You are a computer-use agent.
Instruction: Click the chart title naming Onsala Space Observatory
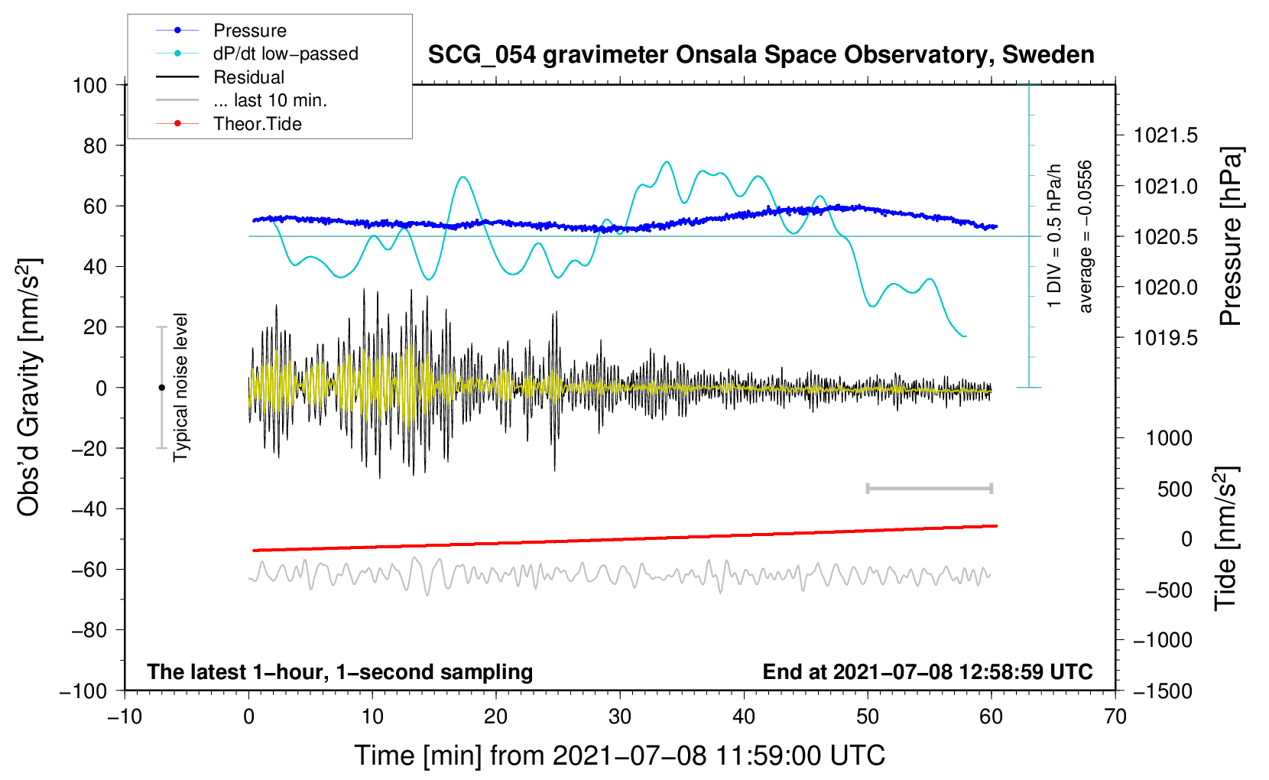point(761,55)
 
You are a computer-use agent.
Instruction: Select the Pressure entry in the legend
point(249,31)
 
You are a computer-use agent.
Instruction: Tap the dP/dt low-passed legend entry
point(285,54)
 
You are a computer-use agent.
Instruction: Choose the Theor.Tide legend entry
point(257,124)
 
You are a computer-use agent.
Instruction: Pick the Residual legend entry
point(248,77)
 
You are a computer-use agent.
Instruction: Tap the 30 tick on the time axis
point(620,717)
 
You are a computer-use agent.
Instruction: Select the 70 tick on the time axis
point(1115,717)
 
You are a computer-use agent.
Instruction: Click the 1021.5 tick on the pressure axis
point(1166,136)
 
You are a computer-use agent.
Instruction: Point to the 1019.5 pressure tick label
point(1166,338)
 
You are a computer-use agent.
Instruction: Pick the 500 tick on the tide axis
point(1174,489)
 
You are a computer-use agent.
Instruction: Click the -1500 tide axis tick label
point(1162,691)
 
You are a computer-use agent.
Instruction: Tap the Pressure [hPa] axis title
point(1230,236)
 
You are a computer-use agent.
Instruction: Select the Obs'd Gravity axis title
point(29,387)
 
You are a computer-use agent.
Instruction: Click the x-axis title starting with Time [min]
point(620,756)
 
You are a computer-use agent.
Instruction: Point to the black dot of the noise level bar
point(161,388)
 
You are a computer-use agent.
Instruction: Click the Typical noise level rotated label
point(180,387)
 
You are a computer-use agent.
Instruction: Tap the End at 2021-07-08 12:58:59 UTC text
point(927,672)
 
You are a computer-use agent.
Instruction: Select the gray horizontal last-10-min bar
point(929,489)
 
